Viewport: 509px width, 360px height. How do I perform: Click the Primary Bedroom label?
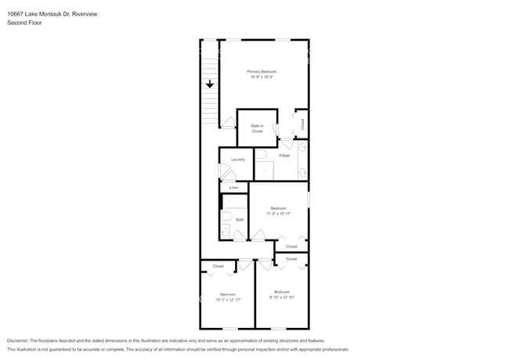tap(263, 71)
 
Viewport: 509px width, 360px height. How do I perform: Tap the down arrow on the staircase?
tap(210, 84)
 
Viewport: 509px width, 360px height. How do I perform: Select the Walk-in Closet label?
tap(257, 128)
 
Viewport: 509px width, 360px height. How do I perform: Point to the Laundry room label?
tap(238, 159)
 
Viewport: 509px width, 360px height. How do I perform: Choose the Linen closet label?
tap(233, 188)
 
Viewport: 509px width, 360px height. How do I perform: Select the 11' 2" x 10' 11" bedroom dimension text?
tap(278, 213)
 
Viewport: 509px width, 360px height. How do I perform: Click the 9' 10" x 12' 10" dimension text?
tap(281, 297)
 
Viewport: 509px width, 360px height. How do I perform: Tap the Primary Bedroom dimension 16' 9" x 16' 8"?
tap(263, 77)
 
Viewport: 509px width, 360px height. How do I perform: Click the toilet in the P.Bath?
tap(262, 154)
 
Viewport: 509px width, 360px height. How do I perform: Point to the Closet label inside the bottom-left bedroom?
tap(218, 266)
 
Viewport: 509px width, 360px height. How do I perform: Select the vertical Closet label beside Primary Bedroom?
tap(302, 124)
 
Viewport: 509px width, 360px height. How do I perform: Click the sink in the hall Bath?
tap(225, 232)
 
